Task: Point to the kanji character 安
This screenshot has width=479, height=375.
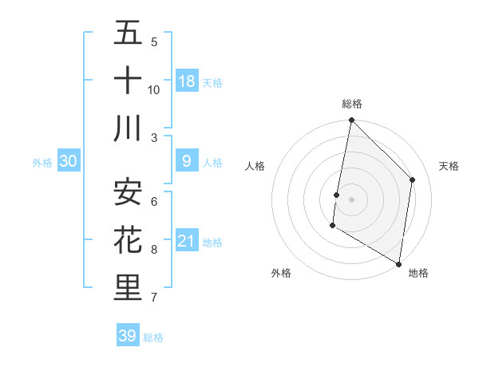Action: point(128,192)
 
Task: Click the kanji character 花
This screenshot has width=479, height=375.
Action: point(128,240)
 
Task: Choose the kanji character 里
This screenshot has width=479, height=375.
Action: point(128,288)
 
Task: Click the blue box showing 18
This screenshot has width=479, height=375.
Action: point(187,81)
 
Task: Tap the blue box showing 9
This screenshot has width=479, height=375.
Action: point(187,161)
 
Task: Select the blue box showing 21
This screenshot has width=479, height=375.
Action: point(187,241)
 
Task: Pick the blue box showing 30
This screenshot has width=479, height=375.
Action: point(69,161)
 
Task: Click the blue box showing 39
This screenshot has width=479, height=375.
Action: point(128,336)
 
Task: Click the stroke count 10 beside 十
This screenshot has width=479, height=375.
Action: point(154,90)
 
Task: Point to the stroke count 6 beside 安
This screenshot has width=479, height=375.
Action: point(154,202)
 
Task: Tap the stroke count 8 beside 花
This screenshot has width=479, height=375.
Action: point(154,250)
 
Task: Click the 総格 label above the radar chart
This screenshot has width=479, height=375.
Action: point(352,104)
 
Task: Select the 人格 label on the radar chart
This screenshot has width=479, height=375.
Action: point(255,166)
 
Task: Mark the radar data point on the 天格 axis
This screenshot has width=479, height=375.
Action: point(413,180)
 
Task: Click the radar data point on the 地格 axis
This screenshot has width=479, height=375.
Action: point(398,263)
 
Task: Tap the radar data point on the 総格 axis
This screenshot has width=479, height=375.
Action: point(351,121)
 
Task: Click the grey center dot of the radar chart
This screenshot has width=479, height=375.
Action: point(351,199)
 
